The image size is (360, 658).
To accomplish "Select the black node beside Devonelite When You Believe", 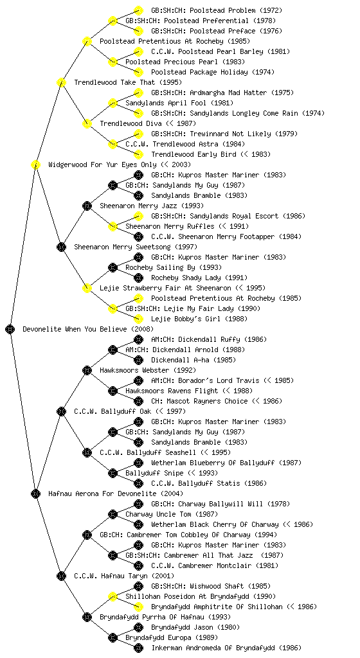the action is click(x=10, y=329).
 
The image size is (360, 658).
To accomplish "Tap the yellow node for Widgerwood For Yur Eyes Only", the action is click(x=35, y=164).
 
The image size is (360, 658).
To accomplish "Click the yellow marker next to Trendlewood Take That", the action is click(x=61, y=82).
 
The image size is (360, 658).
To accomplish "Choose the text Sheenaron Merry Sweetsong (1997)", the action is click(x=136, y=247).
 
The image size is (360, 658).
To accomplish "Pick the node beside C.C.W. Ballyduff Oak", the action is click(x=61, y=411).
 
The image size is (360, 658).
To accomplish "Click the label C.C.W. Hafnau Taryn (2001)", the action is click(x=124, y=576).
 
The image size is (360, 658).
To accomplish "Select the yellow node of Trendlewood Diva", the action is click(x=87, y=123).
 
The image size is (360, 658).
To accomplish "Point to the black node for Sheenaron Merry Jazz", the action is click(x=87, y=206).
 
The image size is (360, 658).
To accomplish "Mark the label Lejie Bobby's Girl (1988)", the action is click(x=199, y=319).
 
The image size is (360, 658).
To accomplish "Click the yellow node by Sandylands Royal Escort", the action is click(x=138, y=216).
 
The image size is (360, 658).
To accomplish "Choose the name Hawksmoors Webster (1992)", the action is click(x=148, y=370).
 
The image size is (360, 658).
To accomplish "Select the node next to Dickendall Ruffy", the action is click(x=138, y=339).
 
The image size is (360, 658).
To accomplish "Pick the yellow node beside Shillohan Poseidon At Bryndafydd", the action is click(x=113, y=596).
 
